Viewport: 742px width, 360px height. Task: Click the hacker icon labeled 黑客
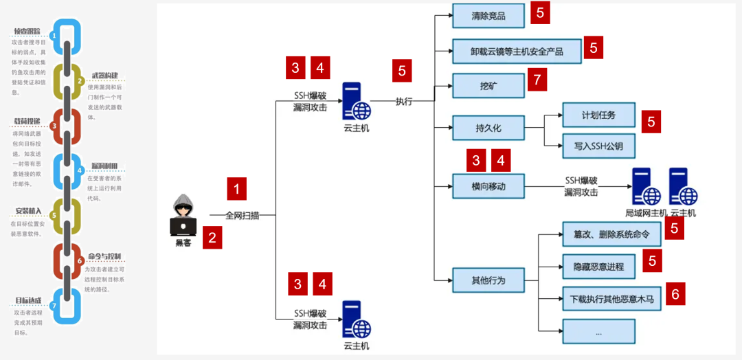183,216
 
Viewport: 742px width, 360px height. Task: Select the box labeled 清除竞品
488,16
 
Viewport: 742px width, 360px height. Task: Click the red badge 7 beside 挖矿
537,80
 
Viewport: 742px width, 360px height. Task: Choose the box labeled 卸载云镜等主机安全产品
517,51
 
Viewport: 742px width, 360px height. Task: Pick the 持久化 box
488,128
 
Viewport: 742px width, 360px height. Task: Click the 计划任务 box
598,115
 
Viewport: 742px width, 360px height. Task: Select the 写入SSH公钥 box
598,146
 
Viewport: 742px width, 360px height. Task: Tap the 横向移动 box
488,186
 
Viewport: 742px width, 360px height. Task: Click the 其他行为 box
488,280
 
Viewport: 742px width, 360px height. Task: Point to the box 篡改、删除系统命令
611,234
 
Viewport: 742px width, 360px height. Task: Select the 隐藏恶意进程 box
598,266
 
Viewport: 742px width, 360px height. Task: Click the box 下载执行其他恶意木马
611,299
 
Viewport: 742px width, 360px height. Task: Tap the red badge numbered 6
675,295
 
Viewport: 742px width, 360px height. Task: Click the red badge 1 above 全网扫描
236,189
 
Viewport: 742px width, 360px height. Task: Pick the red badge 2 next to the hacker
212,238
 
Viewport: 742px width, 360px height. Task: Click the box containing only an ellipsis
598,331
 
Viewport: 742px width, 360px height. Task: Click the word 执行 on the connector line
404,101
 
